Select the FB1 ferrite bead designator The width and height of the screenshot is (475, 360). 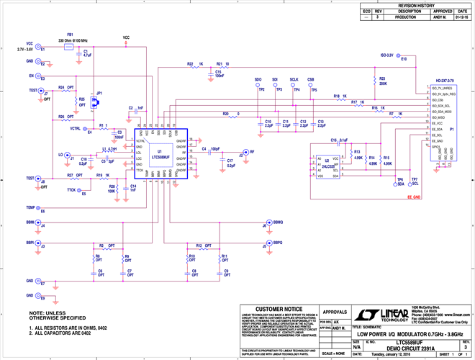coord(70,34)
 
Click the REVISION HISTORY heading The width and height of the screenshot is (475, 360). coord(417,4)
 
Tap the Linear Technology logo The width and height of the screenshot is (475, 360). coord(381,315)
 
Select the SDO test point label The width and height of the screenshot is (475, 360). coord(258,79)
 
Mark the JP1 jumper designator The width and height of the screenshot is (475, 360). coord(99,94)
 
